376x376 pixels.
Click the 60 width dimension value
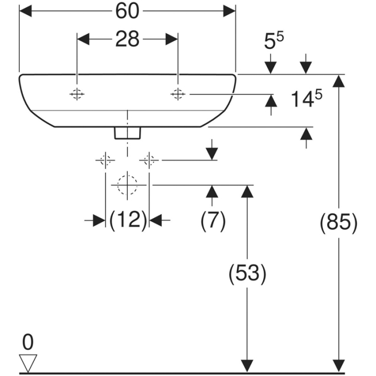(x=127, y=11)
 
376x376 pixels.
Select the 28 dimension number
(x=127, y=39)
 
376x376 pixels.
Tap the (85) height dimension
(x=338, y=222)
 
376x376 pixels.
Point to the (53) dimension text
(x=247, y=274)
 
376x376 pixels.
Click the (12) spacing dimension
(x=127, y=220)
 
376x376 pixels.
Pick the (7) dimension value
(x=213, y=220)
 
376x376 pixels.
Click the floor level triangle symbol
(x=28, y=361)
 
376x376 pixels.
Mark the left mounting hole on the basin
(x=77, y=95)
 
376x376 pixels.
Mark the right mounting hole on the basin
(x=177, y=95)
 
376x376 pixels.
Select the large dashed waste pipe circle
(x=127, y=185)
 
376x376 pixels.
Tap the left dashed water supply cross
(x=105, y=160)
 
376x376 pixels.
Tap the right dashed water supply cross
(x=149, y=160)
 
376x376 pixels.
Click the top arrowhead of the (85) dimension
(x=338, y=81)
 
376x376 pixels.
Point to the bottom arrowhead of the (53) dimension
(x=247, y=365)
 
